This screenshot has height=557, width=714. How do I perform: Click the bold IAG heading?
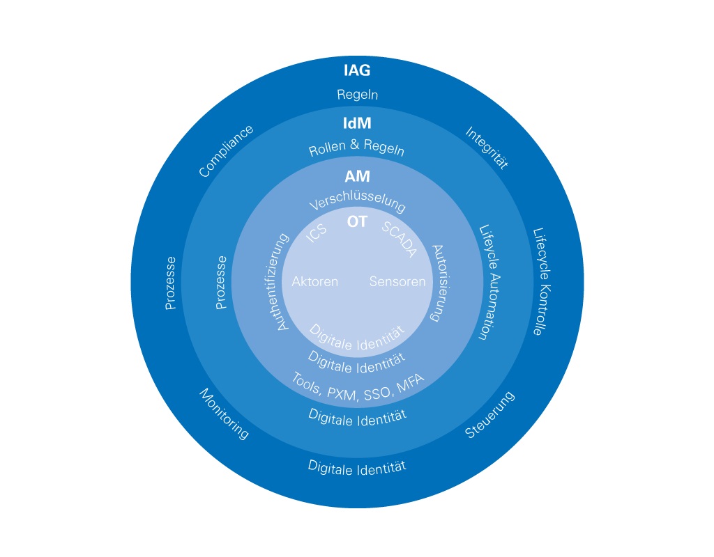tap(357, 70)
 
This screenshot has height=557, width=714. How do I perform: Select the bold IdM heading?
tap(357, 124)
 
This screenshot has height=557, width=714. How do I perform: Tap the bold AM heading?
tap(357, 177)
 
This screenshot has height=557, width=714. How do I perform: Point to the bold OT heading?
tap(357, 222)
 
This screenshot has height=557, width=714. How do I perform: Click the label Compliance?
tap(226, 151)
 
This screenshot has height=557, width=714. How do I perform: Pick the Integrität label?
tap(487, 148)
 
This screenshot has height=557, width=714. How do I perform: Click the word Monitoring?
tap(224, 414)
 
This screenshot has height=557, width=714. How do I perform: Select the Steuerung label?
tap(489, 415)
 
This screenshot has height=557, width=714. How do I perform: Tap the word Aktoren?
tap(315, 282)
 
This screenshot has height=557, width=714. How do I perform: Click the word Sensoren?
tap(397, 282)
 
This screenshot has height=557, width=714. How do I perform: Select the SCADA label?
tap(400, 240)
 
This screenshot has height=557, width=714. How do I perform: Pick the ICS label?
tap(317, 233)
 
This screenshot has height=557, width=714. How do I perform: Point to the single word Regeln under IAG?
tap(357, 95)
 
